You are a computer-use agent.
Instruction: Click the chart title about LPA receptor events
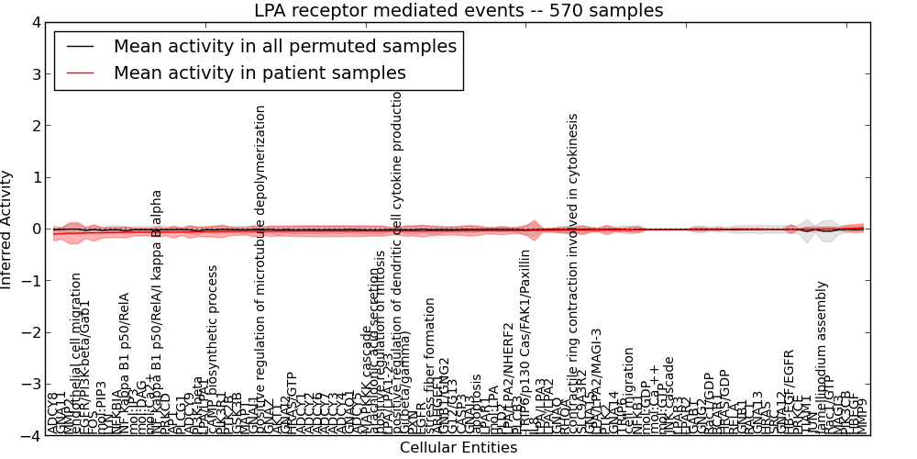458,11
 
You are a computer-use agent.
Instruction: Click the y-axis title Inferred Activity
7,229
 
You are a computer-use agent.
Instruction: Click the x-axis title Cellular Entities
458,447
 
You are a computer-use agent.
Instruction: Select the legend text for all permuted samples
284,46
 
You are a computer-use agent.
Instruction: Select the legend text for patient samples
260,73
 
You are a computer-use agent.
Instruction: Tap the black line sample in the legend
81,47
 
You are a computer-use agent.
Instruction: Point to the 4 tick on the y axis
35,23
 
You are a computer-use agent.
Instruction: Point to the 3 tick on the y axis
35,74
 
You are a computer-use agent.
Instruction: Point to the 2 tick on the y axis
35,127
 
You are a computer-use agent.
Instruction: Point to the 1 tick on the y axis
35,178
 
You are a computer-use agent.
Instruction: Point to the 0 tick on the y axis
35,229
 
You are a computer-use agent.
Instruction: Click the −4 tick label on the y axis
31,436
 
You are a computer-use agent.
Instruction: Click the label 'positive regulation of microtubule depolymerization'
260,266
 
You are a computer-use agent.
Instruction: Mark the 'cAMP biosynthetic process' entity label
213,349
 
